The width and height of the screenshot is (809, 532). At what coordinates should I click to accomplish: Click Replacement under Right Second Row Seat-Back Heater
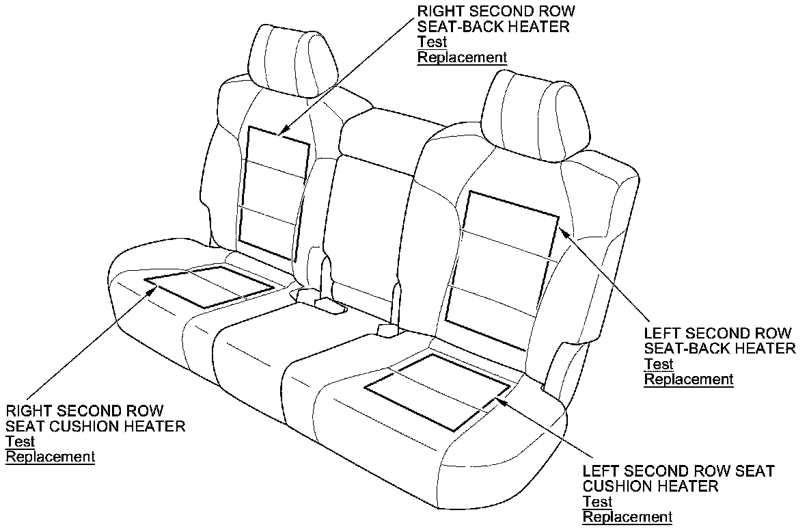point(462,57)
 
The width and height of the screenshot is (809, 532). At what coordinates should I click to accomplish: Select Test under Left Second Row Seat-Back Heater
point(658,364)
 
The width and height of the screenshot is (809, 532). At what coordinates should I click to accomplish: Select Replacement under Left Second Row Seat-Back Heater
point(688,380)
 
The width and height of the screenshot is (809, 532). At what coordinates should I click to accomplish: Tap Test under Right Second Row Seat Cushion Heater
point(20,442)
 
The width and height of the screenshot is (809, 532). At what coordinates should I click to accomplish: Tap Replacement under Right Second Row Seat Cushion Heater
point(50,457)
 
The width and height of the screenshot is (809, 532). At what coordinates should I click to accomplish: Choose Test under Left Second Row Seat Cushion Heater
point(597,502)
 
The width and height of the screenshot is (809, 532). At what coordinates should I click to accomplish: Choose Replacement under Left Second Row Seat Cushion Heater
point(627,517)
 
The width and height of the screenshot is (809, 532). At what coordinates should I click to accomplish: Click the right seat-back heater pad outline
point(273,195)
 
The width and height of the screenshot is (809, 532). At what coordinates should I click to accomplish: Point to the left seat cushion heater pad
point(437,391)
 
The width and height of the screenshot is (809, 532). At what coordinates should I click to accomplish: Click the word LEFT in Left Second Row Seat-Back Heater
point(663,334)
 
